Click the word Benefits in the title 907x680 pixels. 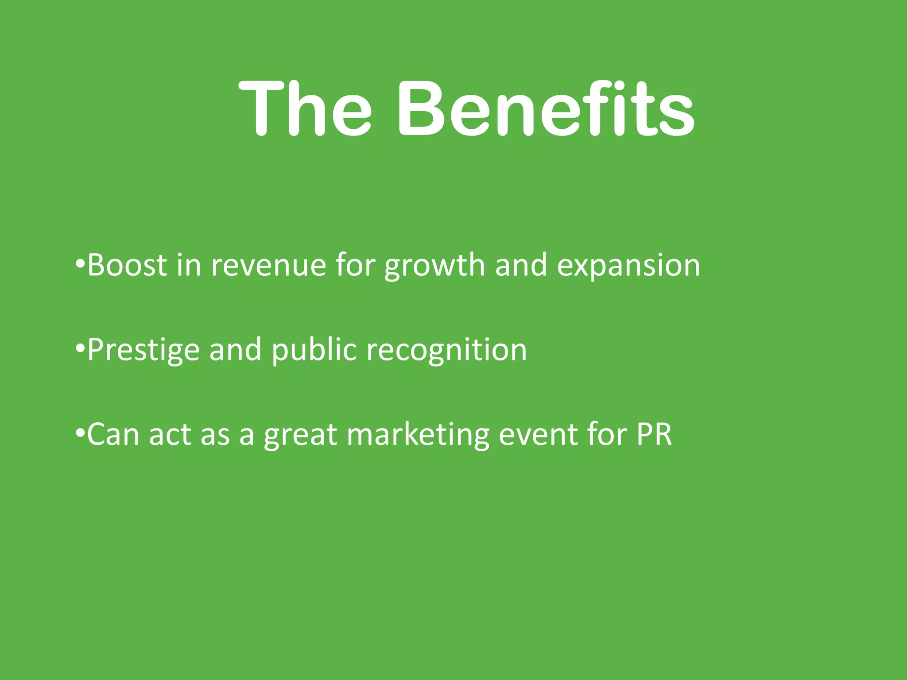point(546,108)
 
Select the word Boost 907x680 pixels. point(127,265)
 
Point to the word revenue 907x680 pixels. point(268,266)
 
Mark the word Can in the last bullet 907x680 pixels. point(113,434)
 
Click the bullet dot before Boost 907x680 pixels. point(80,264)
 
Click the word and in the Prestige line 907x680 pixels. point(235,350)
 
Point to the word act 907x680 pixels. point(170,435)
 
